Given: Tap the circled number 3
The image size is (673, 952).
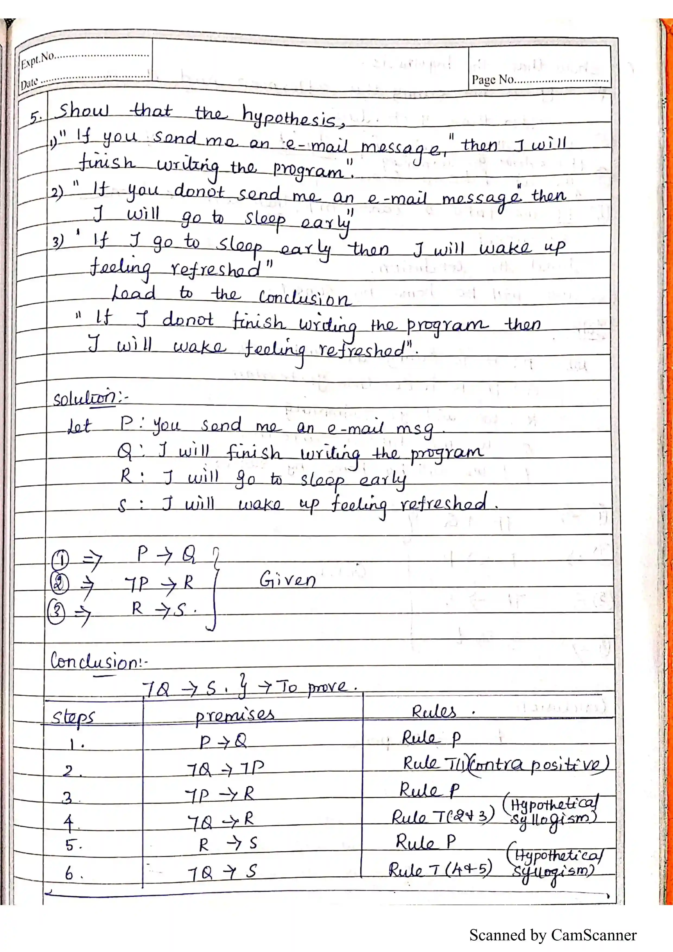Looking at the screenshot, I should tap(56, 612).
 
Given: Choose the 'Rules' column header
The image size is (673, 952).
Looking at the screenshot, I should tap(434, 712).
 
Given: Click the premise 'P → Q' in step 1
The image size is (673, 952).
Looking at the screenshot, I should tap(223, 741).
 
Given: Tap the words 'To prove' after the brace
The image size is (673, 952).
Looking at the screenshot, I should tap(317, 687).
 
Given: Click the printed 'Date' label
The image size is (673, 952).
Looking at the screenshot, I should tap(29, 83).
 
